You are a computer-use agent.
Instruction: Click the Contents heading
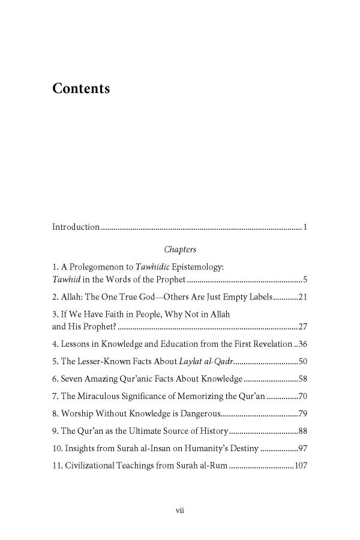point(81,89)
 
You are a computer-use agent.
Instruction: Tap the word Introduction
point(76,227)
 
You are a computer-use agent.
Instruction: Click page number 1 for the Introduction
point(305,227)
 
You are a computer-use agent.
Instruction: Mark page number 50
point(302,362)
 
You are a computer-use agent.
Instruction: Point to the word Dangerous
point(200,414)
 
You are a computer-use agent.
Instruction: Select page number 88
point(302,431)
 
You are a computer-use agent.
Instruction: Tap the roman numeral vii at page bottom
point(179,510)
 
